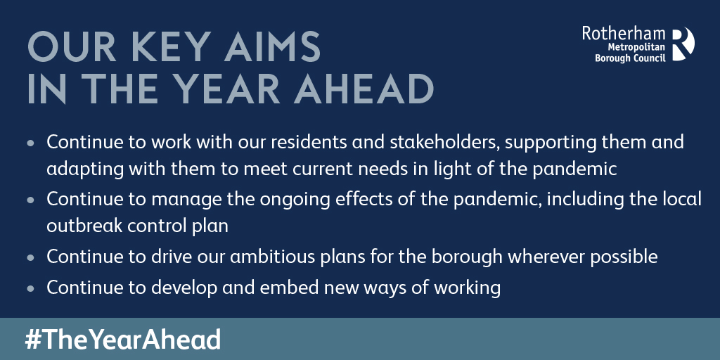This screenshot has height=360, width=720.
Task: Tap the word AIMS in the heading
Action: pos(272,47)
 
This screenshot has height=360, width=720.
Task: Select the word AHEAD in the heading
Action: pos(364,89)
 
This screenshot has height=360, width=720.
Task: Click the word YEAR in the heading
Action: pos(229,89)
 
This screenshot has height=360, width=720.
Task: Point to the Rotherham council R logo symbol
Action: pos(683,44)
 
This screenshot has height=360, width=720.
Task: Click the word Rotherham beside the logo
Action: pos(624,34)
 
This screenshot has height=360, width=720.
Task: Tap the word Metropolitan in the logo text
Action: pos(636,47)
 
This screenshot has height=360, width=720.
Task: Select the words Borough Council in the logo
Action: pos(630,58)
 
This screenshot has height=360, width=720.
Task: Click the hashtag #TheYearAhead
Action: pos(122,340)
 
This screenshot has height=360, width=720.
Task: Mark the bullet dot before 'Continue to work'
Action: pos(31,143)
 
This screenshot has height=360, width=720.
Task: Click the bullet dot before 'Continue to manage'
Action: pos(31,200)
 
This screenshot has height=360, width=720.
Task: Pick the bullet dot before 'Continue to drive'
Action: pos(31,258)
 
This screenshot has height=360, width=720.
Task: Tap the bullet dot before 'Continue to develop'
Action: pos(31,289)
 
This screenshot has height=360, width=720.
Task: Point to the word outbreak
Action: pos(81,226)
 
